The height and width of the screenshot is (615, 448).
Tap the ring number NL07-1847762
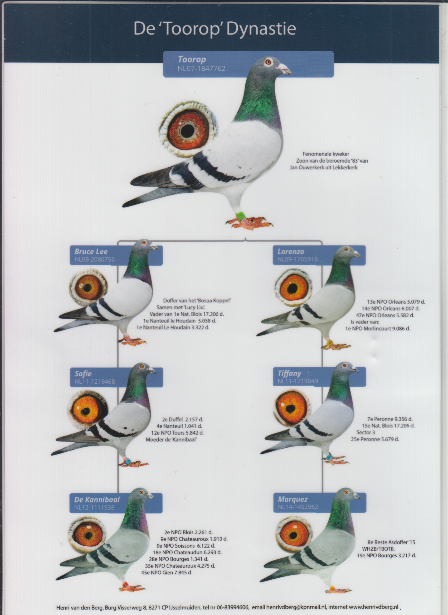click(x=202, y=69)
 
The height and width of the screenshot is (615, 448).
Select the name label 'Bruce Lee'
click(x=91, y=251)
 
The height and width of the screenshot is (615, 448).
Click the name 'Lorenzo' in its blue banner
click(x=290, y=251)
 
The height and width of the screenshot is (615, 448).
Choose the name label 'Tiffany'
click(x=289, y=373)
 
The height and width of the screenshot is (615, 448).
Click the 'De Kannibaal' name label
click(x=97, y=500)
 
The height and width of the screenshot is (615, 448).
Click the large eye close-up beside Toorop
click(x=188, y=130)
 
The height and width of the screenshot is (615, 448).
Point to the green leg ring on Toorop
click(x=241, y=216)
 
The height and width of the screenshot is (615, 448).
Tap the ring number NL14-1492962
click(x=298, y=507)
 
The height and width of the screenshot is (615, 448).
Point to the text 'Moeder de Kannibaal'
click(x=171, y=440)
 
